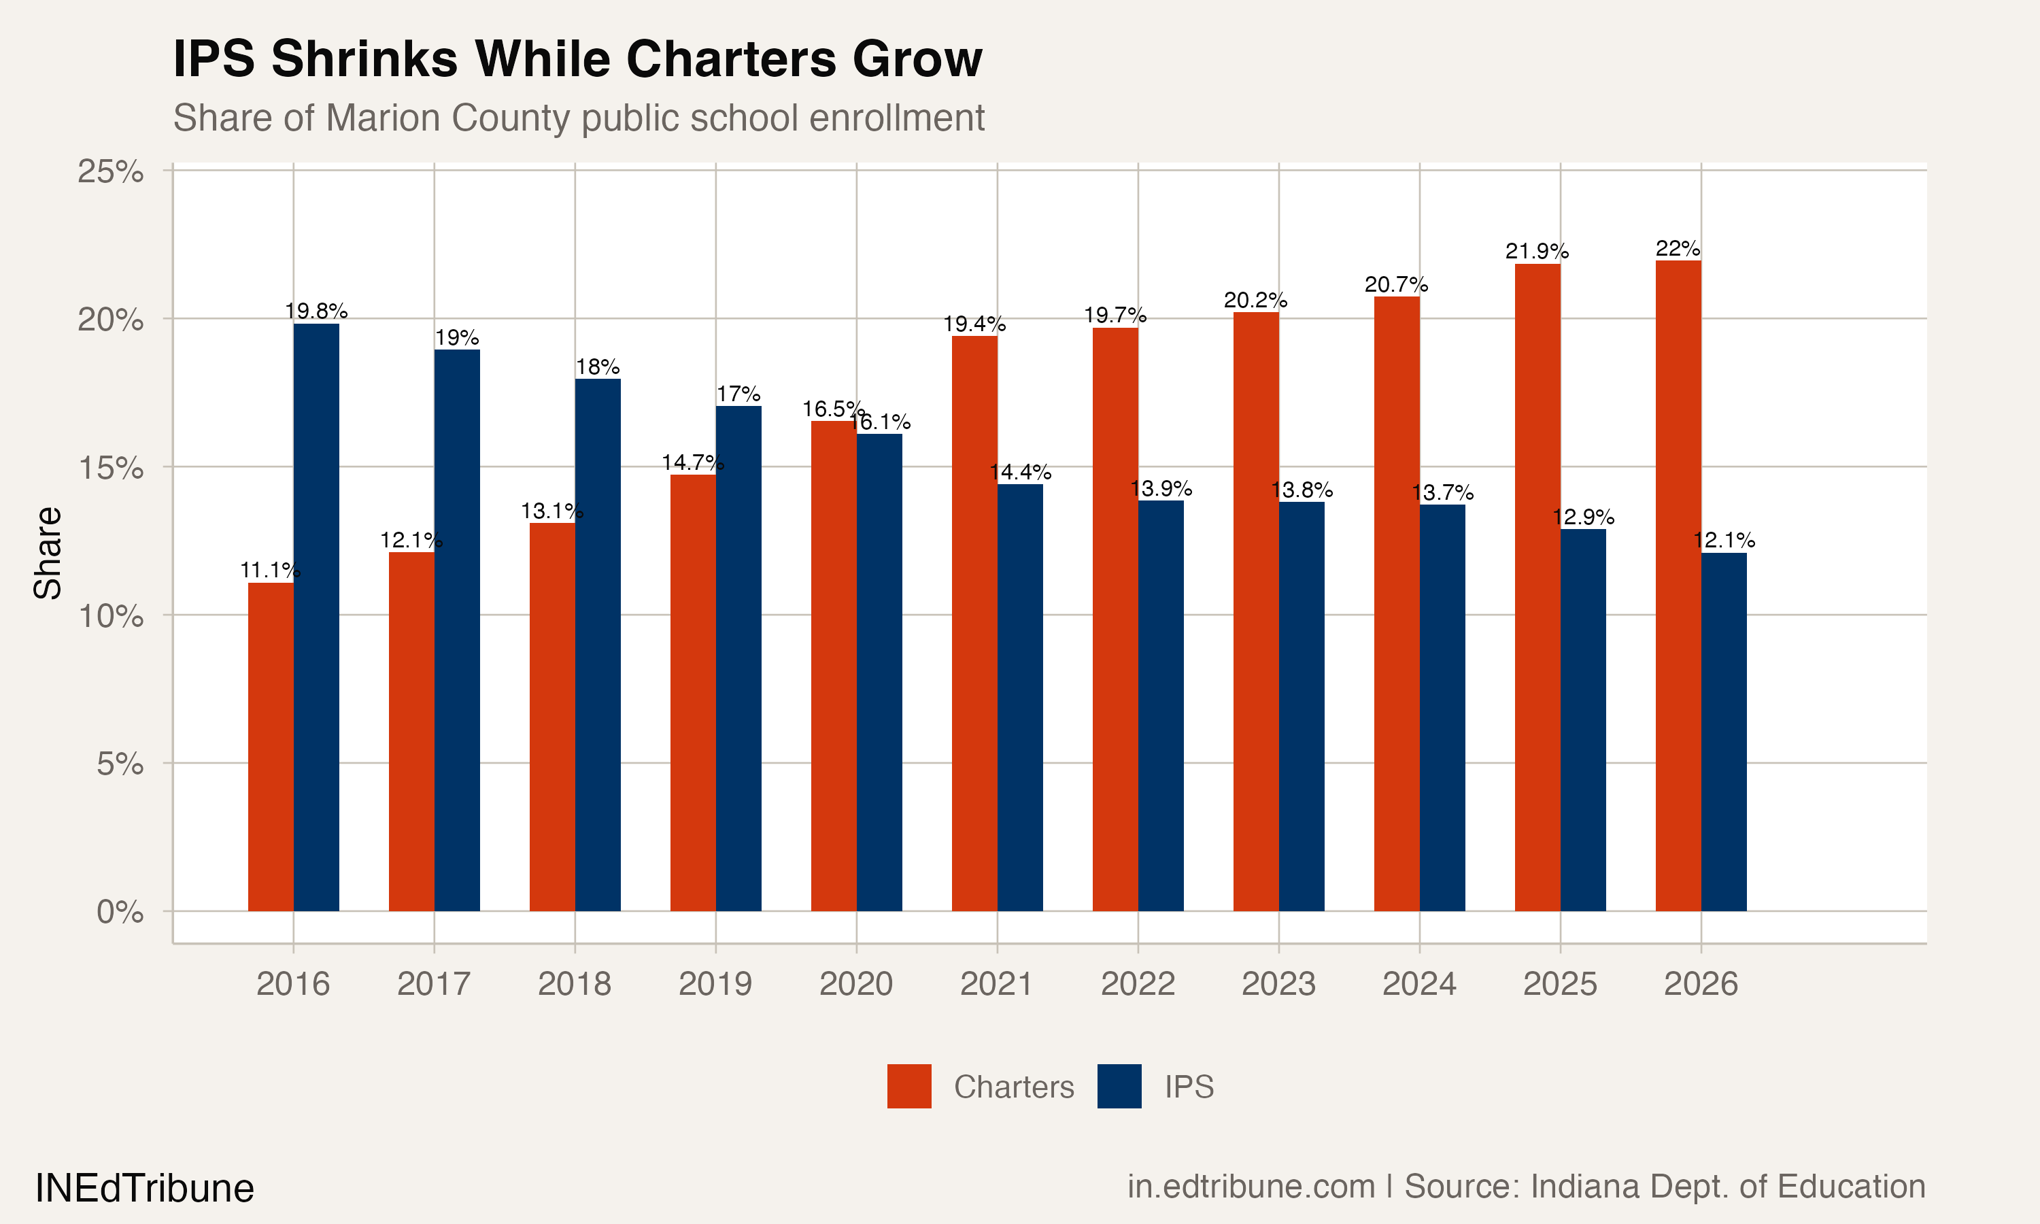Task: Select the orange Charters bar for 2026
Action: (x=1678, y=585)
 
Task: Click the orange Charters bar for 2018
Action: (x=551, y=717)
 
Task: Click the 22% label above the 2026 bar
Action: (x=1678, y=248)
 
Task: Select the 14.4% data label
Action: (x=1020, y=472)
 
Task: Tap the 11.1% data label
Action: (x=270, y=570)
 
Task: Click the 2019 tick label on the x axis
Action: (x=715, y=984)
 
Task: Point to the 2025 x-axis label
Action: (x=1559, y=984)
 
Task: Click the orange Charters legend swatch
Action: (x=908, y=1086)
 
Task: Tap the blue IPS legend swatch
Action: (x=1119, y=1086)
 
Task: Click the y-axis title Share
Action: (x=47, y=553)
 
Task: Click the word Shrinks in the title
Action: (x=364, y=59)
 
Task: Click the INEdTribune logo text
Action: (x=144, y=1188)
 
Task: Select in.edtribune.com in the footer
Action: (x=1251, y=1186)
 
